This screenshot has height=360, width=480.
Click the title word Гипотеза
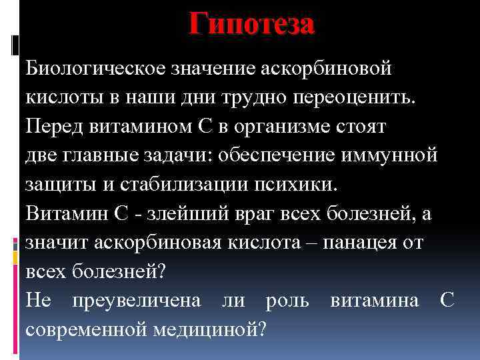pyautogui.click(x=251, y=25)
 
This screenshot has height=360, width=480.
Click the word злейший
pyautogui.click(x=175, y=213)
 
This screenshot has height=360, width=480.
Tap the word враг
pyautogui.click(x=247, y=213)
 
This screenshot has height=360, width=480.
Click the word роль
pyautogui.click(x=287, y=300)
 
